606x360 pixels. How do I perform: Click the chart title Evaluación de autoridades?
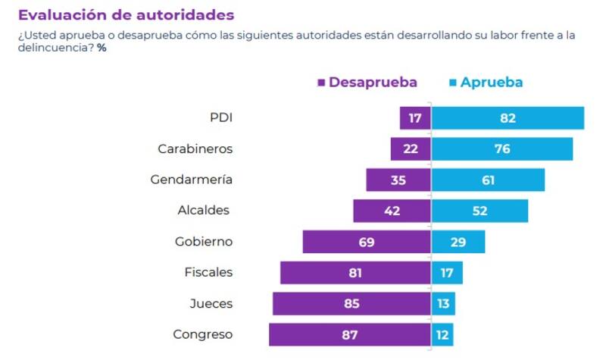[x=126, y=15]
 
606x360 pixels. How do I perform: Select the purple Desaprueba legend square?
[x=322, y=83]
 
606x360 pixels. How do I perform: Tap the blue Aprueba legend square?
[x=453, y=83]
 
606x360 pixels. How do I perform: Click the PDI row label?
[x=220, y=117]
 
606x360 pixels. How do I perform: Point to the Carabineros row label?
[x=195, y=149]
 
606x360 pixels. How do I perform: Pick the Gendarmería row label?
[x=192, y=180]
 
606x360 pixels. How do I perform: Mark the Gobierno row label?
[x=203, y=241]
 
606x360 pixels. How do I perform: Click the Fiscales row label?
[x=208, y=272]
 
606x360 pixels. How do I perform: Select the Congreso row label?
[x=202, y=333]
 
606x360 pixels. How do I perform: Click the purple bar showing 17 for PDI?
[x=415, y=118]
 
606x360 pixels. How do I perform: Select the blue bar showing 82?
[x=508, y=118]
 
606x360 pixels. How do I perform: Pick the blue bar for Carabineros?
[x=502, y=149]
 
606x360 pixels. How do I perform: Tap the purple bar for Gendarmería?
[x=398, y=180]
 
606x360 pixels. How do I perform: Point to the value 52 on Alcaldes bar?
[x=479, y=211]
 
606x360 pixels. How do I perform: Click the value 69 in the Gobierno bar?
[x=367, y=242]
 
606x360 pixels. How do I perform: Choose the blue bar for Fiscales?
[x=447, y=273]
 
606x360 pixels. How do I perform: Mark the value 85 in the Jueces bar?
[x=351, y=304]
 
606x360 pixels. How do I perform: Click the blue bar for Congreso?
[x=442, y=334]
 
